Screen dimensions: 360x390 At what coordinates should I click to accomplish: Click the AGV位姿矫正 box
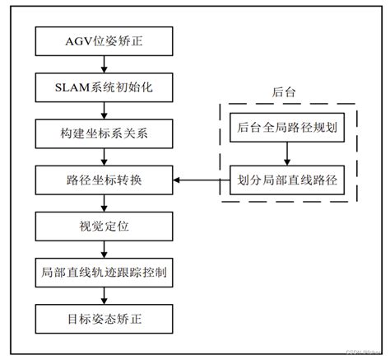[x=104, y=38]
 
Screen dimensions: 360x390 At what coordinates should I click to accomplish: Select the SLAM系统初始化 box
[x=104, y=84]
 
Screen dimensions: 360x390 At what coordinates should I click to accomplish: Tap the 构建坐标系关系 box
[x=104, y=131]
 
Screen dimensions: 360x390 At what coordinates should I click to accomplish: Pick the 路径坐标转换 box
[x=104, y=177]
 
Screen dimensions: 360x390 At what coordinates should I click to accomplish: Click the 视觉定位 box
[x=104, y=223]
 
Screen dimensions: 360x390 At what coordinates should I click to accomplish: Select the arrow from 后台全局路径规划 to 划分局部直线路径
[x=286, y=154]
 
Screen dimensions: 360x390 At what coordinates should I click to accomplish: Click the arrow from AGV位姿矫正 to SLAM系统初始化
[x=104, y=61]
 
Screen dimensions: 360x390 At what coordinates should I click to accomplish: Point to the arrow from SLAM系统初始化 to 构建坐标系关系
[x=104, y=108]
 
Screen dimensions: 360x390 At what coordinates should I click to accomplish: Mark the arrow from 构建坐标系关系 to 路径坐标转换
[x=104, y=154]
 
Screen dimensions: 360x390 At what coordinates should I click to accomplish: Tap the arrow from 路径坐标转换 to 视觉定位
[x=104, y=200]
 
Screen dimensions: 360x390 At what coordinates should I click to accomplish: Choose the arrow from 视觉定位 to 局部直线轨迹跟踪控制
[x=104, y=247]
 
